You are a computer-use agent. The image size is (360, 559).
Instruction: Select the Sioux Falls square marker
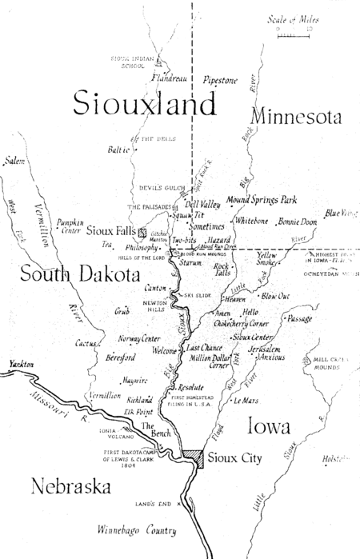(142, 233)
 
